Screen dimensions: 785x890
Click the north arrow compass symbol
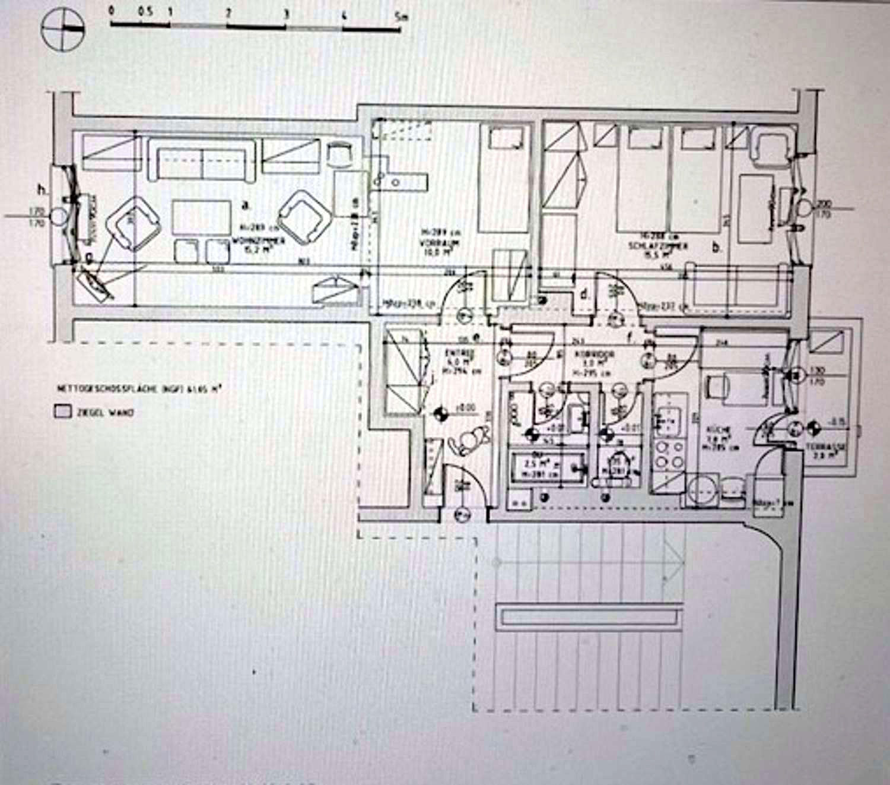pyautogui.click(x=63, y=29)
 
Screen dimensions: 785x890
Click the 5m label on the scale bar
pyautogui.click(x=401, y=15)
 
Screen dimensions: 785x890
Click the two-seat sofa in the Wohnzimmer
pyautogui.click(x=202, y=159)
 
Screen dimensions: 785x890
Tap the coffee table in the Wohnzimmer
pyautogui.click(x=202, y=220)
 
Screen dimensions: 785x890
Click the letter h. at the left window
pyautogui.click(x=42, y=190)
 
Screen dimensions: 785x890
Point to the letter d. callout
pyautogui.click(x=585, y=293)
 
